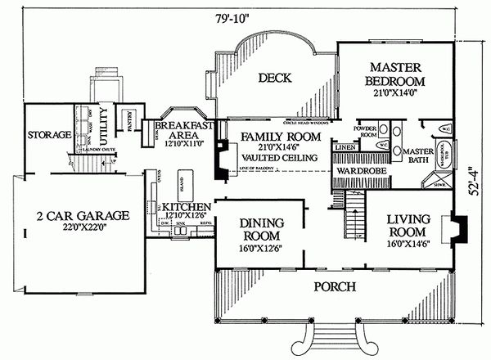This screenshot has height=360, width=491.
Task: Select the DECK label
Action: pos(276,79)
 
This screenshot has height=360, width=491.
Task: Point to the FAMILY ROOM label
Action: pos(279,136)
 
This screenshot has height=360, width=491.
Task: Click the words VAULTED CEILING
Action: pos(279,160)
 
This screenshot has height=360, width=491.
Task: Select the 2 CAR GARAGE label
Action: pos(83,216)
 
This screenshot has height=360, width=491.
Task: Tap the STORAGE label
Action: pos(45,134)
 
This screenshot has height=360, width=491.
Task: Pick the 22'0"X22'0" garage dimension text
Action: pos(83,230)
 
